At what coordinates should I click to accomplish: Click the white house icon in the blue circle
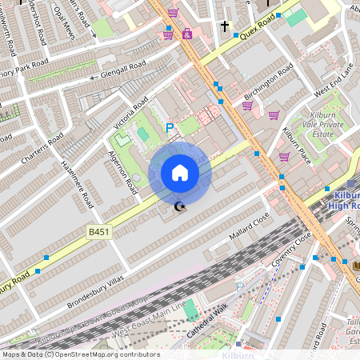point(179,173)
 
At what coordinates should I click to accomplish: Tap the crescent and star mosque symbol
point(179,208)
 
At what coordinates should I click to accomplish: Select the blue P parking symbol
point(169,127)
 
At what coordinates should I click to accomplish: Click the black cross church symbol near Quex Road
point(224,27)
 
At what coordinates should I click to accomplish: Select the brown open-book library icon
point(354,264)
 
